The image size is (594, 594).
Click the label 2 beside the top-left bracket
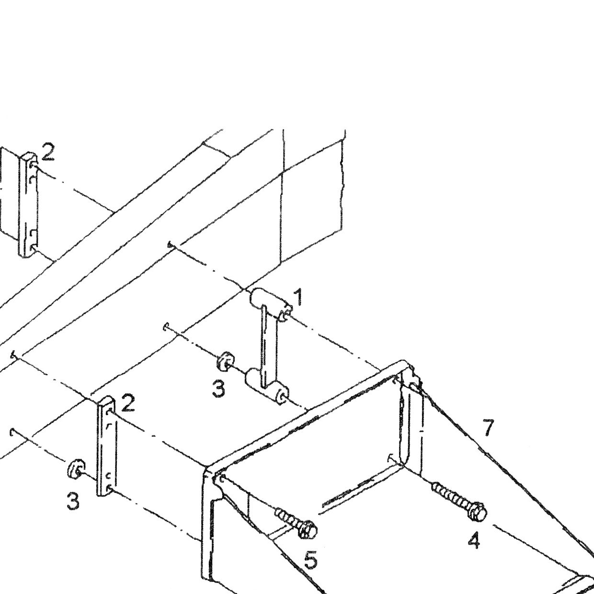pos(48,152)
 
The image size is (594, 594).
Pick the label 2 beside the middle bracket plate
pos(128,403)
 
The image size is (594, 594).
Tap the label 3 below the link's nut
pos(218,388)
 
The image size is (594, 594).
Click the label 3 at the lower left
pos(73,501)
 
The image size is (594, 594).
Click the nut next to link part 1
pos(226,361)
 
